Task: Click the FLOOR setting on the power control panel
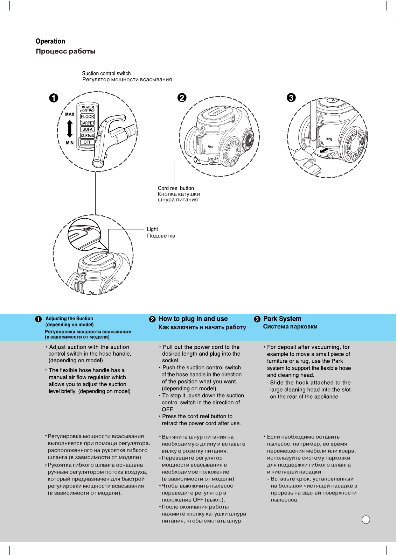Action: click(x=87, y=116)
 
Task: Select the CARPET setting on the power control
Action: click(x=87, y=123)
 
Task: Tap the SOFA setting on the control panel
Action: click(x=87, y=129)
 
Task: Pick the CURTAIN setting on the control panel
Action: click(x=87, y=136)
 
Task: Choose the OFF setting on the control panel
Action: click(x=87, y=142)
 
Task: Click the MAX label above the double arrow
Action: click(x=70, y=114)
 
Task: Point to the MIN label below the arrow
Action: click(x=70, y=143)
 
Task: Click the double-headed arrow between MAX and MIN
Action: click(x=70, y=128)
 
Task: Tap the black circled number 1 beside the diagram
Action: click(x=54, y=98)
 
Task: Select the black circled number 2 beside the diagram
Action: click(x=182, y=98)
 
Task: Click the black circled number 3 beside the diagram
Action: click(x=291, y=98)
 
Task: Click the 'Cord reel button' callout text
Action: click(x=176, y=188)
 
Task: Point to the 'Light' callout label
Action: click(x=152, y=229)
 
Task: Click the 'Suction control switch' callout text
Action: click(x=106, y=73)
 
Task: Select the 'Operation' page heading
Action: click(x=50, y=41)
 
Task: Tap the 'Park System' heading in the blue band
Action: click(x=282, y=319)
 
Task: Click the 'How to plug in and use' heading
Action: click(x=193, y=319)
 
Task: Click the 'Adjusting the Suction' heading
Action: click(x=69, y=319)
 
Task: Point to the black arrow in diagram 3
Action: click(x=325, y=150)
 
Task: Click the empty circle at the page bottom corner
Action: click(x=366, y=520)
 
